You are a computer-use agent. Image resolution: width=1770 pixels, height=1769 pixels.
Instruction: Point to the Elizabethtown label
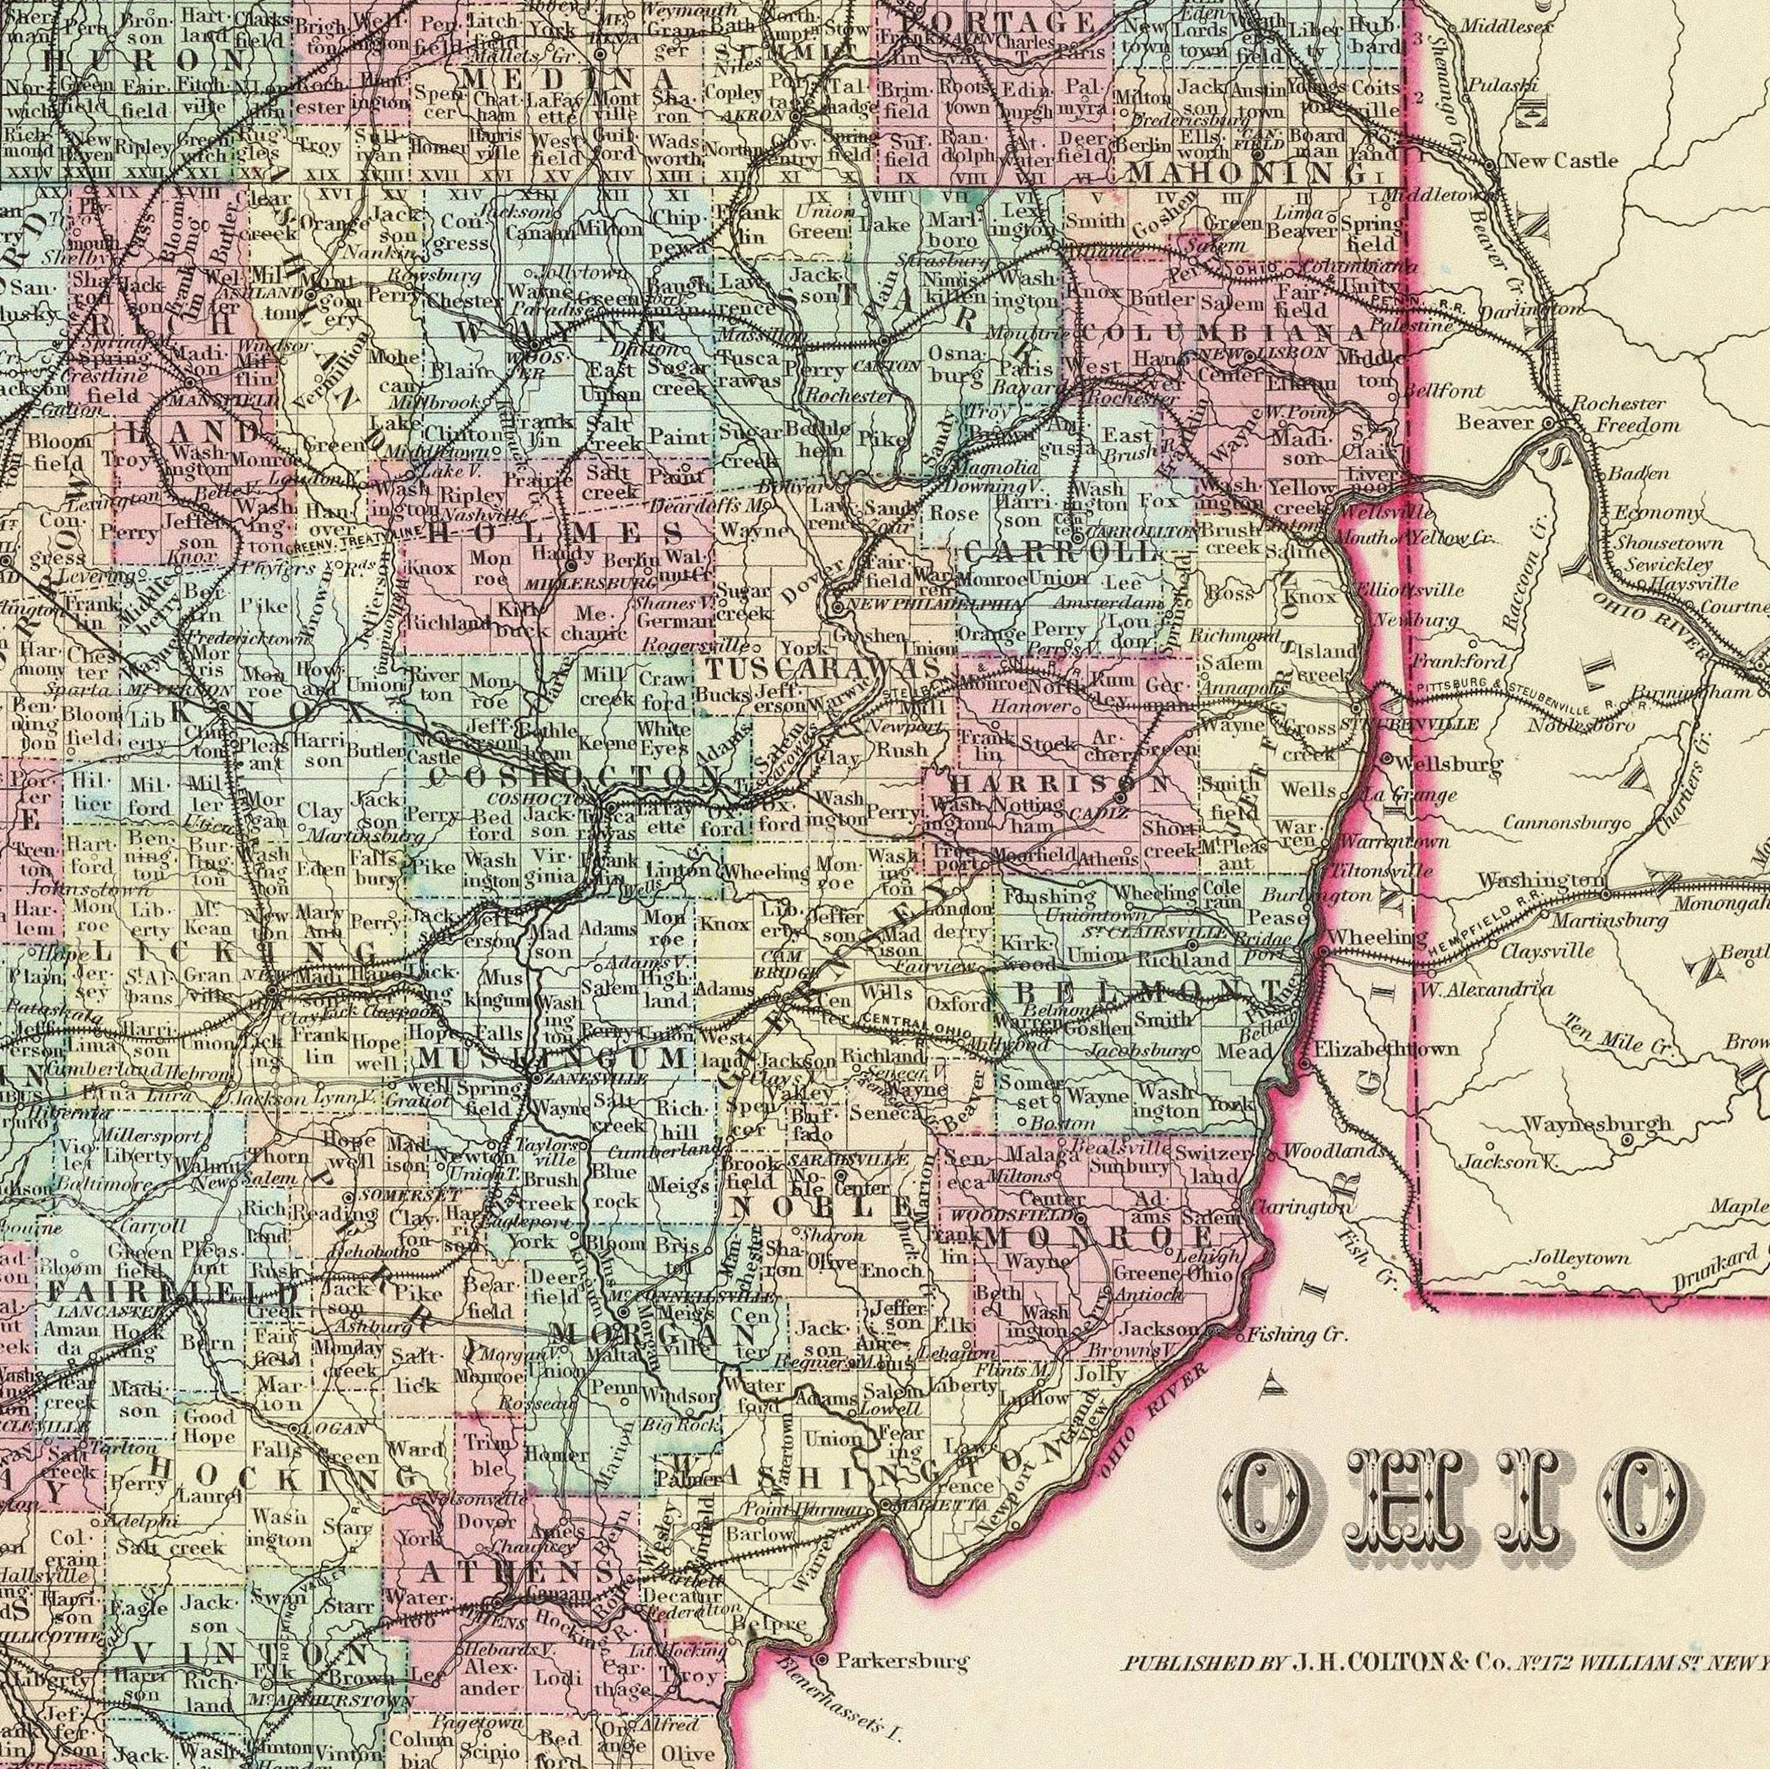tap(1386, 1048)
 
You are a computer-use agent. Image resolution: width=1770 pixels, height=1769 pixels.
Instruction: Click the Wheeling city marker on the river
tap(1324, 954)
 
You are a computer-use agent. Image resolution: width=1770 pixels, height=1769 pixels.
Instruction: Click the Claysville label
tap(1547, 952)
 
